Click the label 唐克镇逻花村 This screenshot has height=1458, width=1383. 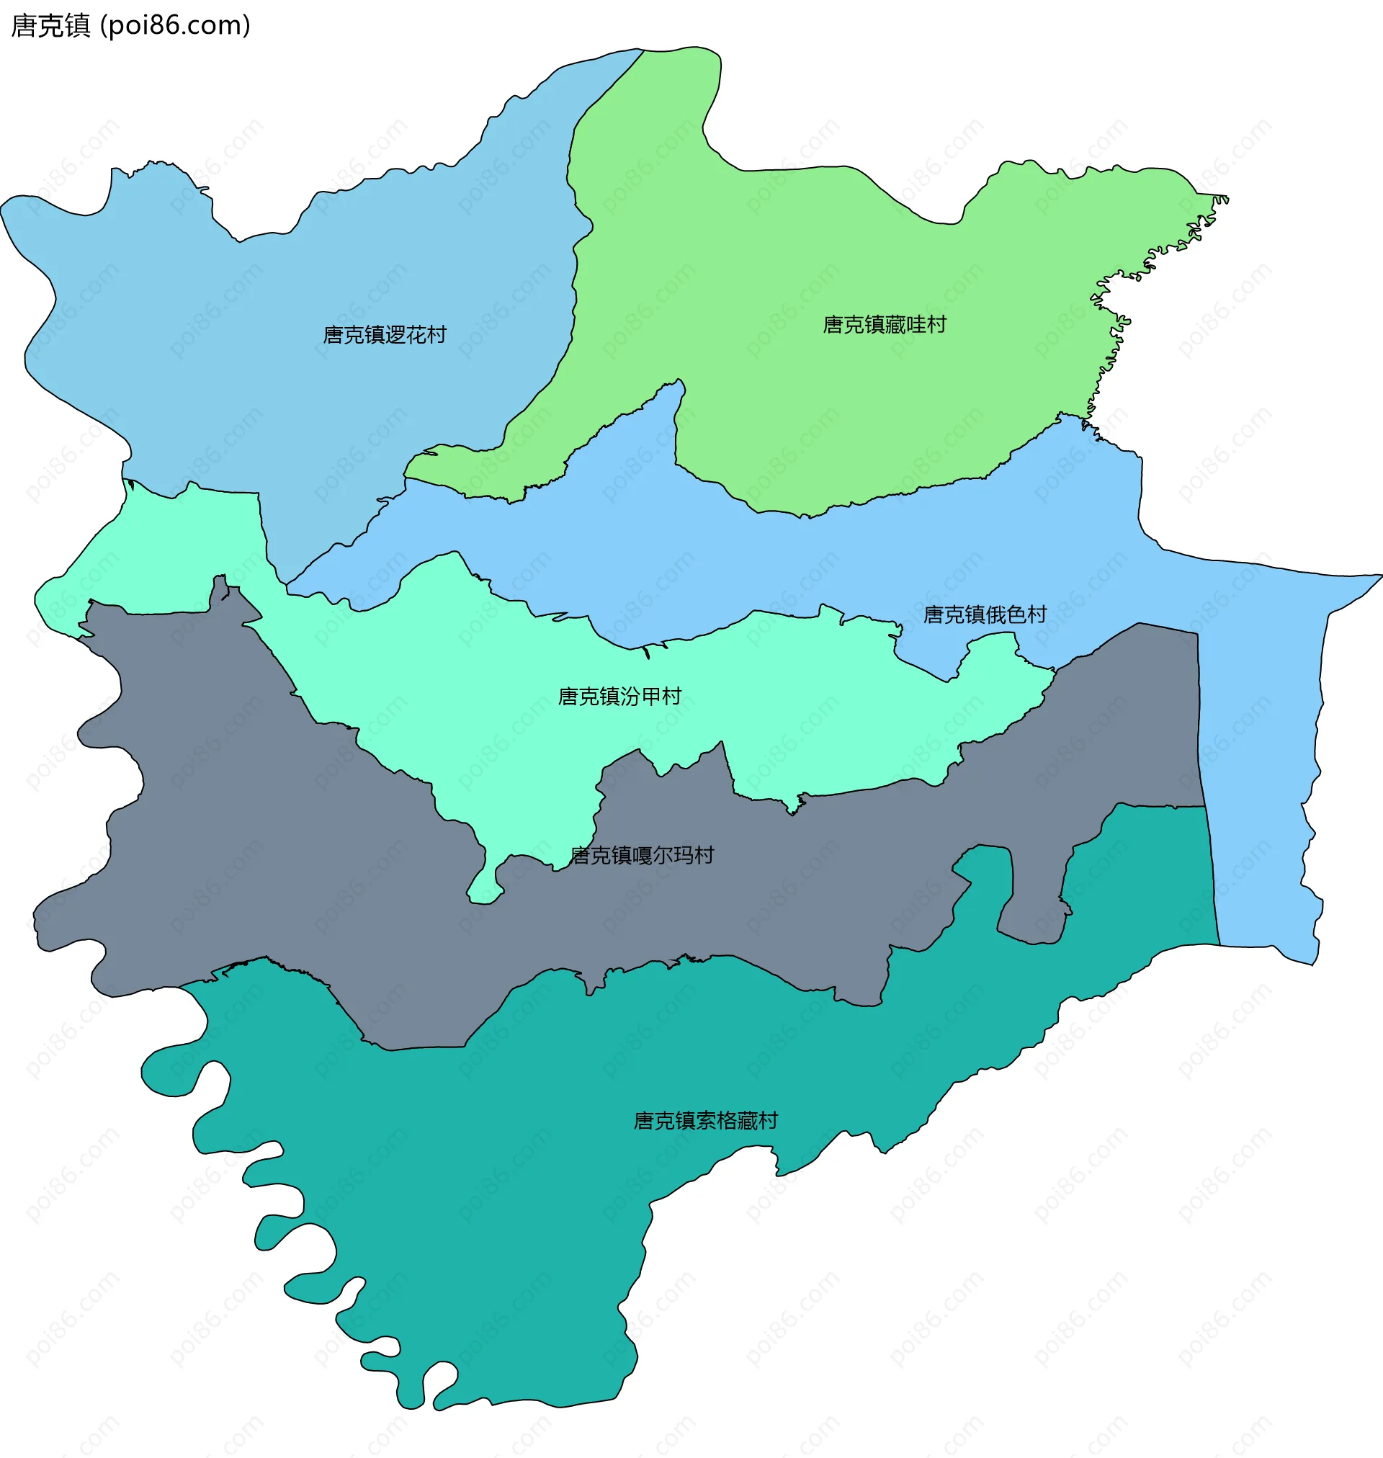(x=384, y=336)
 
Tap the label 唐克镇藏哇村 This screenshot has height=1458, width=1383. (x=884, y=325)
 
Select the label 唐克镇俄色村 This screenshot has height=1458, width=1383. (x=985, y=614)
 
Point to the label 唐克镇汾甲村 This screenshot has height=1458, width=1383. (x=619, y=697)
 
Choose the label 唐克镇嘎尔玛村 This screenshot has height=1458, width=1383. (x=642, y=856)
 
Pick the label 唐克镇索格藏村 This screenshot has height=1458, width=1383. (x=705, y=1121)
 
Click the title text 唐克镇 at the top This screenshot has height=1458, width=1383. (x=50, y=26)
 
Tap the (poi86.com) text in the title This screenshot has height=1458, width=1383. (x=176, y=26)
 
